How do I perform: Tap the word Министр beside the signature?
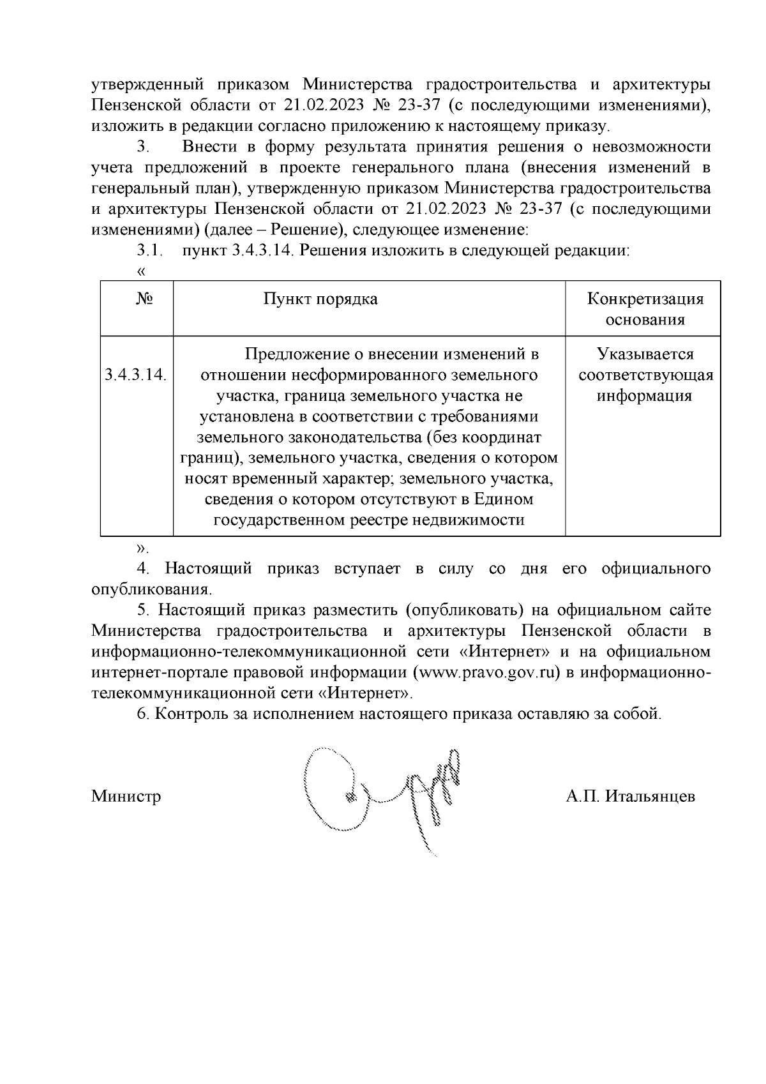(126, 797)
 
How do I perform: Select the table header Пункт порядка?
(320, 299)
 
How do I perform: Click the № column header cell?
(144, 299)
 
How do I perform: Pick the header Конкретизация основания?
(645, 309)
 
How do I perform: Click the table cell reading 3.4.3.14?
(135, 375)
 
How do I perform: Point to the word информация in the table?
(645, 396)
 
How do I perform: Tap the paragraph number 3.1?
(150, 251)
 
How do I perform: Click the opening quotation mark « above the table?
(141, 271)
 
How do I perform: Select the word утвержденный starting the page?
(147, 85)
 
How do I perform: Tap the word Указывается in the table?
(645, 354)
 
